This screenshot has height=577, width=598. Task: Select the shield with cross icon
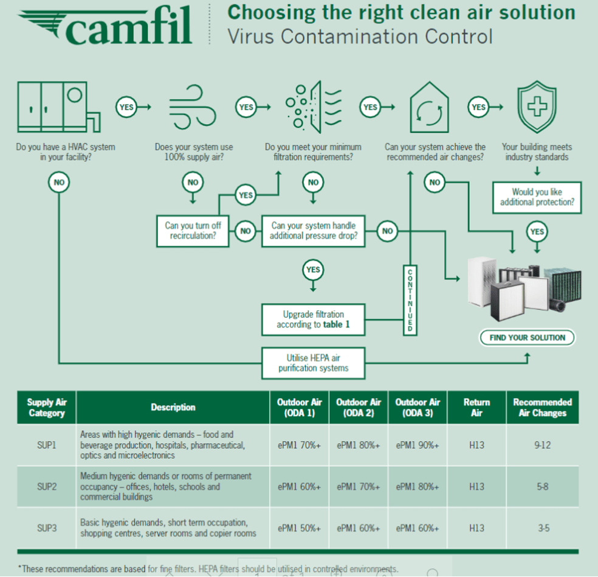536,108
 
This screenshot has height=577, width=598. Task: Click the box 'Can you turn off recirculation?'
193,231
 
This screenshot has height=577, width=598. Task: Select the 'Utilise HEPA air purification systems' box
313,363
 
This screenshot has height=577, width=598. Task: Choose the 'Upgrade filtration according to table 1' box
313,320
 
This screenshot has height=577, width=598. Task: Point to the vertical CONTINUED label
410,299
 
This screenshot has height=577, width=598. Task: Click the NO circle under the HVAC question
59,182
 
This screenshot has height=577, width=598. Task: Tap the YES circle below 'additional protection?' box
537,231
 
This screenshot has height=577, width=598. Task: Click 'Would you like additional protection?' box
537,197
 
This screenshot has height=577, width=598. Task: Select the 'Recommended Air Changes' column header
542,407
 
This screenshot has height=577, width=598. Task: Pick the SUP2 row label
47,487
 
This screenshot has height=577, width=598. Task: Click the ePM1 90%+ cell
418,445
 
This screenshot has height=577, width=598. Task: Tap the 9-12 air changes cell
542,445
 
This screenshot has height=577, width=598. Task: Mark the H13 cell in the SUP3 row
476,528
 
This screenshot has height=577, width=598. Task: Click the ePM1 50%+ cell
299,528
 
